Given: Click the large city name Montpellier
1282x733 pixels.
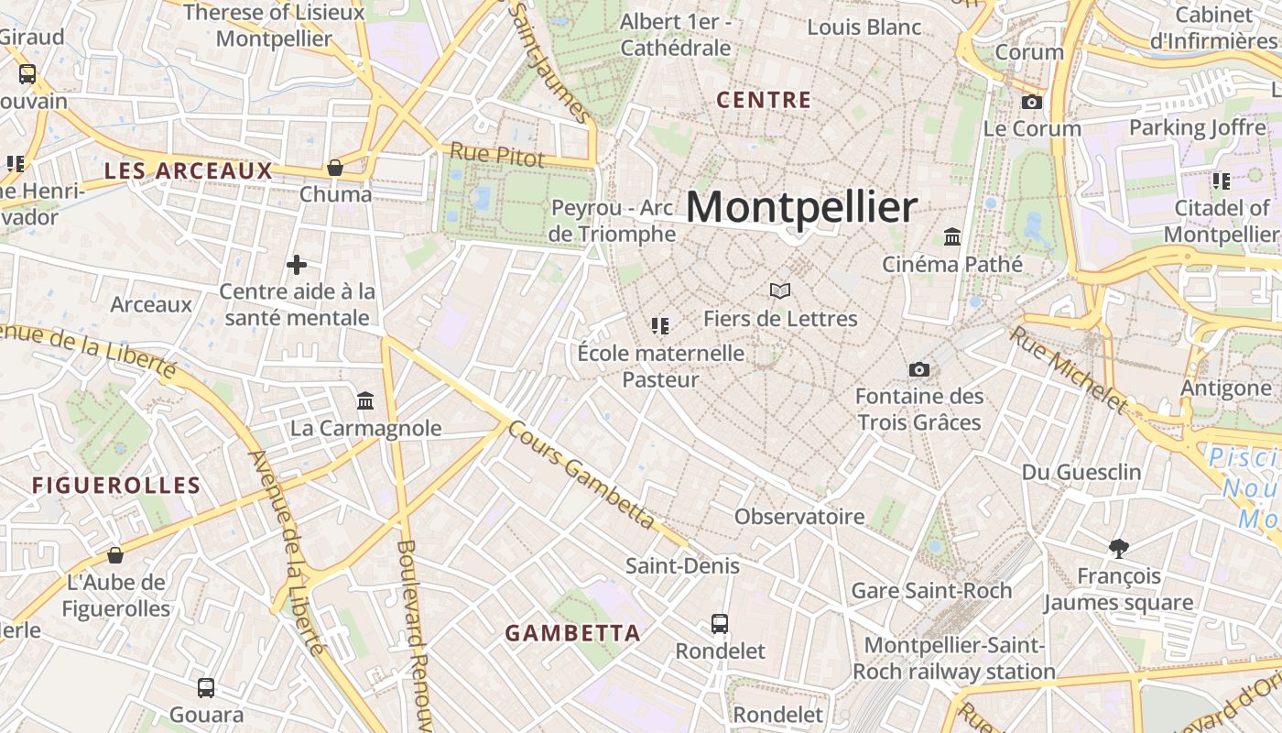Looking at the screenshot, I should click(x=801, y=208).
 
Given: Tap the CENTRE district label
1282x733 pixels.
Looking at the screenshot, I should click(x=764, y=100).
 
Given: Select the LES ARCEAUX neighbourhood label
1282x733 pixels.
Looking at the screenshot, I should click(x=188, y=170).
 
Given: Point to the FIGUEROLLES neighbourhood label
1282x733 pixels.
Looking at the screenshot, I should click(x=116, y=485).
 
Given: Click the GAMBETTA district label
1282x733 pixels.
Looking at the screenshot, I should click(x=572, y=633).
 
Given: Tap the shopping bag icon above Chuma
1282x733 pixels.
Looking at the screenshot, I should click(x=335, y=168).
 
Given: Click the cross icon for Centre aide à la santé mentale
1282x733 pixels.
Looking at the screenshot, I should click(x=297, y=265).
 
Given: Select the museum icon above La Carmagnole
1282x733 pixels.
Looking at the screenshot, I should click(x=365, y=400).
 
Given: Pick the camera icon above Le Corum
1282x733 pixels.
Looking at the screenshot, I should click(x=1032, y=102).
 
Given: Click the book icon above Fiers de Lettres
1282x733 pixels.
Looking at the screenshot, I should click(x=779, y=291).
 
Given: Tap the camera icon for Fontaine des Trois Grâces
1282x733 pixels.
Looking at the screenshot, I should click(x=919, y=369).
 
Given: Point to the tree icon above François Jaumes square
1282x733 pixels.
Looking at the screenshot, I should click(x=1118, y=549).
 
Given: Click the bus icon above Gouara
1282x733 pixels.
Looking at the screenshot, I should click(x=206, y=687).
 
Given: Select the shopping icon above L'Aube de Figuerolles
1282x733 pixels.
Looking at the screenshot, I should click(x=115, y=555).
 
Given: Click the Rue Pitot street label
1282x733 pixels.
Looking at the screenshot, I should click(x=496, y=155).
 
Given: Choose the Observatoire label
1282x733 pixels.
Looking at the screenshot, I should click(x=799, y=516).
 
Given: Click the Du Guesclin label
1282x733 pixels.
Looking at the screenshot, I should click(x=1081, y=472).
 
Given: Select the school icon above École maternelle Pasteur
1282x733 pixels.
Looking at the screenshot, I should click(x=660, y=325).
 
